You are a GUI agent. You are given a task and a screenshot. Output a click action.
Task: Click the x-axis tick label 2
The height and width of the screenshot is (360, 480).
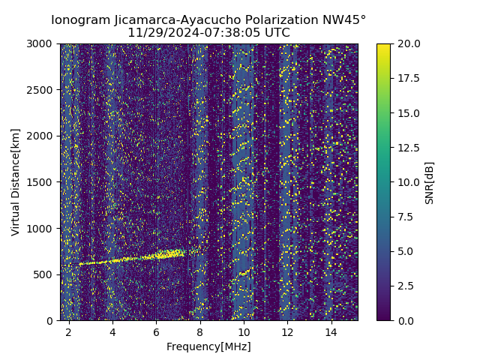[69, 331]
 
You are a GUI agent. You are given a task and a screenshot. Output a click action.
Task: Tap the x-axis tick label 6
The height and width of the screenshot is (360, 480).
[156, 331]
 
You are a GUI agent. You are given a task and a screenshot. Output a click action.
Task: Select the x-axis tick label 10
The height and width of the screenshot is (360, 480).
[244, 331]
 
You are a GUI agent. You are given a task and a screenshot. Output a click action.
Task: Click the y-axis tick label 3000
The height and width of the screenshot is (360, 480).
[41, 44]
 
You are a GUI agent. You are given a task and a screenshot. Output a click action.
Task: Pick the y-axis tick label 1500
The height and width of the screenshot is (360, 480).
[41, 182]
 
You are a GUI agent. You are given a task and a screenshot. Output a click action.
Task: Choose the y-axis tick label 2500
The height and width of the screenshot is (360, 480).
[41, 90]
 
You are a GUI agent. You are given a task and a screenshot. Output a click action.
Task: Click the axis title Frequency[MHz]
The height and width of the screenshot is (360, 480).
[208, 346]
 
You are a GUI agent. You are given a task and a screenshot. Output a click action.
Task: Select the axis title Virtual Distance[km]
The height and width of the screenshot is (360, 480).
[16, 181]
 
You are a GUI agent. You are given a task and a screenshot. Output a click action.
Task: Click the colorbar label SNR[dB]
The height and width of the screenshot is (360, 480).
[430, 182]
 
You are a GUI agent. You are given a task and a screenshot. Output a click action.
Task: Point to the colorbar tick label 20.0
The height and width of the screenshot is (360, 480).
[406, 44]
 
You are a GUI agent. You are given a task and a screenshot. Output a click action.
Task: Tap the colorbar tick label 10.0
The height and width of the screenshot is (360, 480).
[406, 182]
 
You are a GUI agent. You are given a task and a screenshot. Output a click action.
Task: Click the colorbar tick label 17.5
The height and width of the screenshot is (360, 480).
[406, 79]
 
